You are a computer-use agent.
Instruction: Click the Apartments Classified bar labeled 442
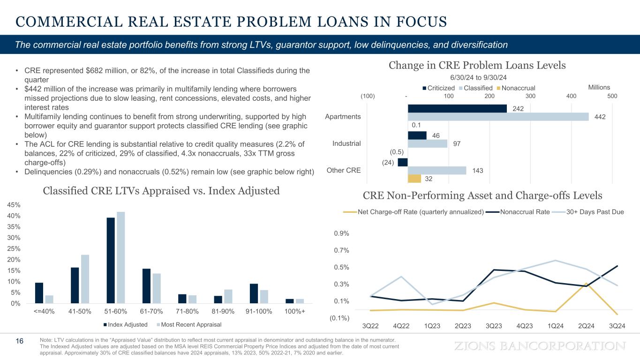coord(498,117)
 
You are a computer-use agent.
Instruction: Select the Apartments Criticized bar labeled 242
coord(457,108)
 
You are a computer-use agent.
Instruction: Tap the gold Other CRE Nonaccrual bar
coord(414,179)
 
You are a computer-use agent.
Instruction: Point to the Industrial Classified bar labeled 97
coord(428,143)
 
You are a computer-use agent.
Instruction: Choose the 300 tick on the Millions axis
coord(530,96)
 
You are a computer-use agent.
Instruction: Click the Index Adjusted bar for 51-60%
coord(111,260)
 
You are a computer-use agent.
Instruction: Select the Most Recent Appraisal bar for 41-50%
coord(85,278)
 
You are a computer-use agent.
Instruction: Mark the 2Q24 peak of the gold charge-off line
coord(586,283)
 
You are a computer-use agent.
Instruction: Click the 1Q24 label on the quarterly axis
coord(556,326)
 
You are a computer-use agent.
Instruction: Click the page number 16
coord(20,341)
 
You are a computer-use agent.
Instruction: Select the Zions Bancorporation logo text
coord(541,346)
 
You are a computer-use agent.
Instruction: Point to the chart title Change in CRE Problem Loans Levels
coord(477,65)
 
